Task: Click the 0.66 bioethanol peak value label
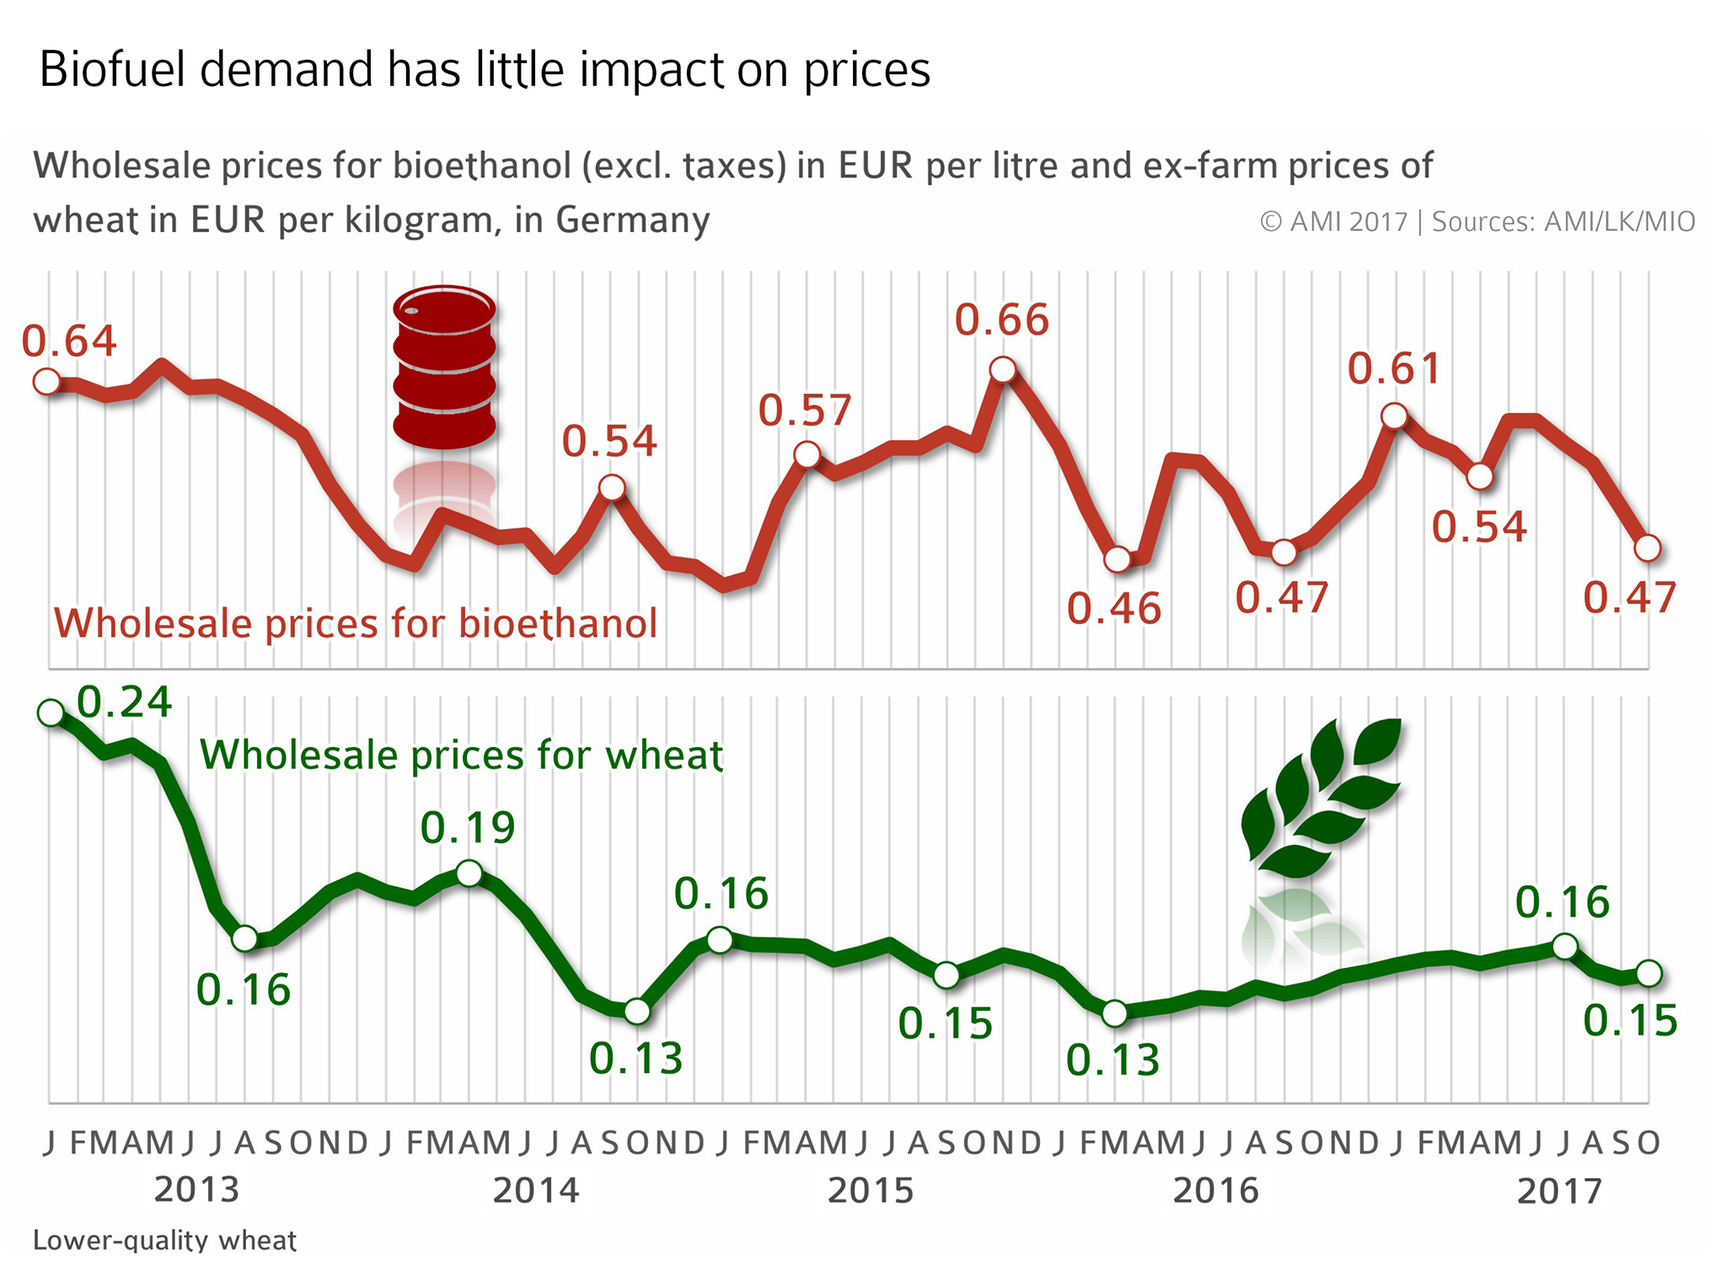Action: coord(1001,320)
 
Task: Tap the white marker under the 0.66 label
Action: coord(1003,369)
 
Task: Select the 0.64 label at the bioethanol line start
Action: coord(68,341)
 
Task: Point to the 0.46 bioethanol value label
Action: coord(1113,609)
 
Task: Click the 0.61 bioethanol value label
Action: coord(1394,368)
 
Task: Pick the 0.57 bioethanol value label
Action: coord(805,411)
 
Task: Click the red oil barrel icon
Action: coord(444,367)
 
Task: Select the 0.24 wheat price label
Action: coord(125,702)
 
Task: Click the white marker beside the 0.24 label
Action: coord(51,713)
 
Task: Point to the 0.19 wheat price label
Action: coord(468,827)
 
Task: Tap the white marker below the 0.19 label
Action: coord(469,873)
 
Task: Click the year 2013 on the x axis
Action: coord(196,1190)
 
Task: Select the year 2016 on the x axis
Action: coord(1215,1190)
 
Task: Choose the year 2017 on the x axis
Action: coord(1559,1191)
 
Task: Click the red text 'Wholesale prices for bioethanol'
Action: coord(356,624)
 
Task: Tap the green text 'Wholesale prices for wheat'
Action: coord(461,755)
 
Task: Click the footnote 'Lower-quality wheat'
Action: coord(164,1240)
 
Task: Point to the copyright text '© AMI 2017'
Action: coord(1333,222)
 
